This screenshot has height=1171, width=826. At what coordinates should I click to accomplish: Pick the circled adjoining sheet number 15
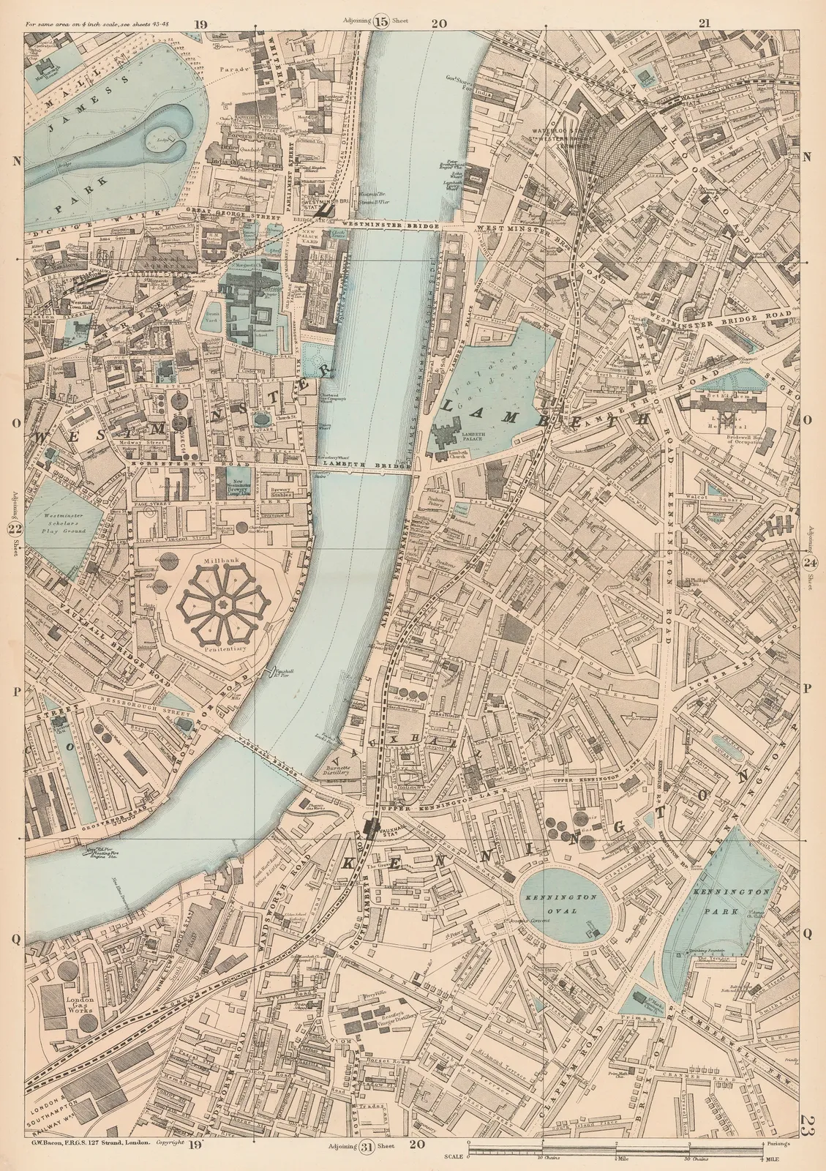381,21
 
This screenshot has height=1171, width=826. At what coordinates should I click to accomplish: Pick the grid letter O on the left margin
15,420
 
